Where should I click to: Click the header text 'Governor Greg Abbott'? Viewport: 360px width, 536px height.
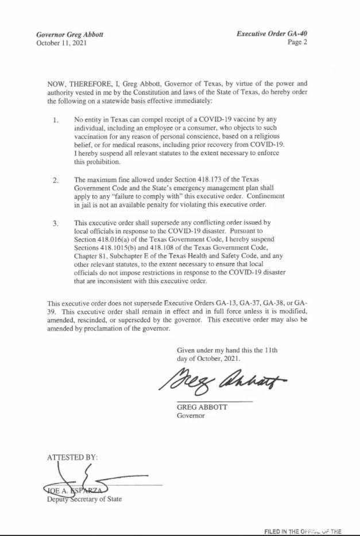pyautogui.click(x=69, y=34)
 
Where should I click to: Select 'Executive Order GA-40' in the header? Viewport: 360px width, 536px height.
pyautogui.click(x=272, y=34)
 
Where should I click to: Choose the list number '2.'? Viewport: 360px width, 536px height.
pyautogui.click(x=56, y=180)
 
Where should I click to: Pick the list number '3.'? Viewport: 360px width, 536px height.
pyautogui.click(x=56, y=223)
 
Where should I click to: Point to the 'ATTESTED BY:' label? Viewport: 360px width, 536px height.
pyautogui.click(x=72, y=457)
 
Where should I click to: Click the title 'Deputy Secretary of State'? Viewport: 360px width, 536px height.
pyautogui.click(x=84, y=499)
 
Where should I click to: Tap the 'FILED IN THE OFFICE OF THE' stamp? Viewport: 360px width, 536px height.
pyautogui.click(x=303, y=531)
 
